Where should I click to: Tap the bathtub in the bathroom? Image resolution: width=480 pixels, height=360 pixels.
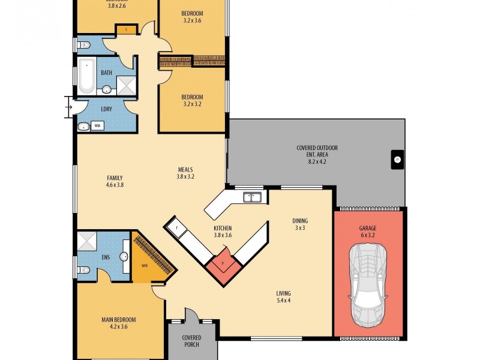[x=88, y=76]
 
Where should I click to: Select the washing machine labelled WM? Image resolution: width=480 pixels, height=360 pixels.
[x=98, y=126]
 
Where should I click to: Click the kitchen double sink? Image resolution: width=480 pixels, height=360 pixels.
[x=252, y=196]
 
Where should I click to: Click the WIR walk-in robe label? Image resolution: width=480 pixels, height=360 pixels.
[x=144, y=265]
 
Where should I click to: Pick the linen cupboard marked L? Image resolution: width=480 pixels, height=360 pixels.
[x=127, y=28]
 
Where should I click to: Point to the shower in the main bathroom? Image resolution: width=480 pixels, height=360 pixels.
[x=126, y=85]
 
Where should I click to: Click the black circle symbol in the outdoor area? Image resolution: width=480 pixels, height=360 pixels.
[x=396, y=160]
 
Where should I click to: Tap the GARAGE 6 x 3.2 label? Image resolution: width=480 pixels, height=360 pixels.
[x=368, y=232]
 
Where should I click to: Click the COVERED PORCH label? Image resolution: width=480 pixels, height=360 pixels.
[x=191, y=341]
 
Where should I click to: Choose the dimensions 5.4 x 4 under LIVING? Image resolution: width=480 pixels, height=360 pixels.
[x=283, y=301]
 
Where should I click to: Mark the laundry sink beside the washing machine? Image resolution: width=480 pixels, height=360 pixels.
[x=83, y=126]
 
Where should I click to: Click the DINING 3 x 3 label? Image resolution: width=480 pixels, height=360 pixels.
[x=300, y=224]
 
